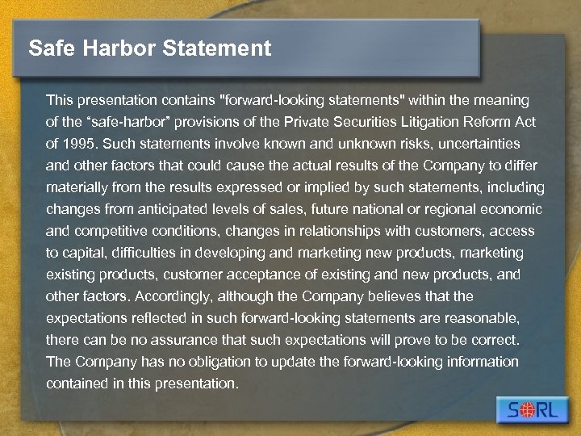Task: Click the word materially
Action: (x=79, y=187)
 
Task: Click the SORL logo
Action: (x=532, y=410)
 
